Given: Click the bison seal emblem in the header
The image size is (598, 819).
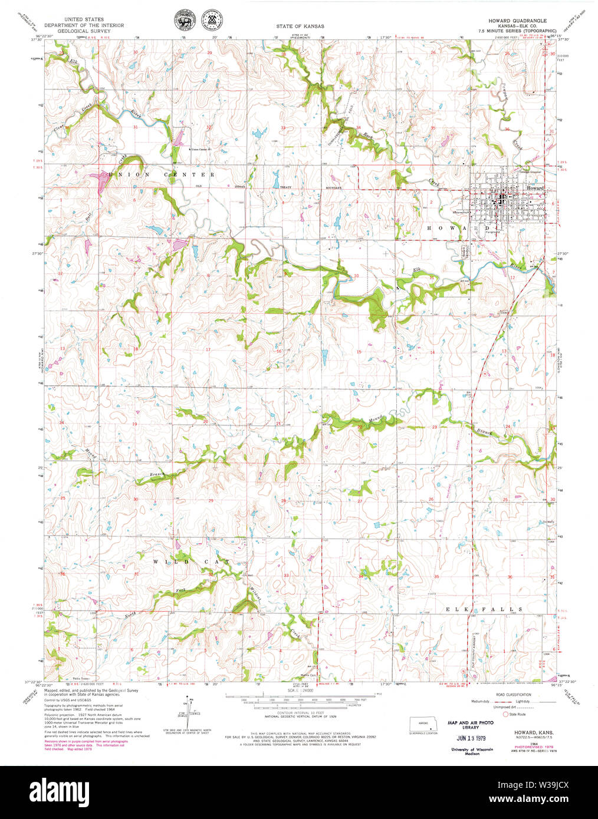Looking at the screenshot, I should tap(183, 22).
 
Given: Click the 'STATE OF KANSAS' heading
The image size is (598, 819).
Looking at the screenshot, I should tap(300, 27).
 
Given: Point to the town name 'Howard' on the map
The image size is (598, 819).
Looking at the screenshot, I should tap(535, 189).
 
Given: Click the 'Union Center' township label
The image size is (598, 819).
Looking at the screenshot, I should tap(162, 175).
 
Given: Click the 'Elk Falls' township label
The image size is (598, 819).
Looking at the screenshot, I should tap(484, 609).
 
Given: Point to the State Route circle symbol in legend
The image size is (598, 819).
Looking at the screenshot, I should tap(505, 714).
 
